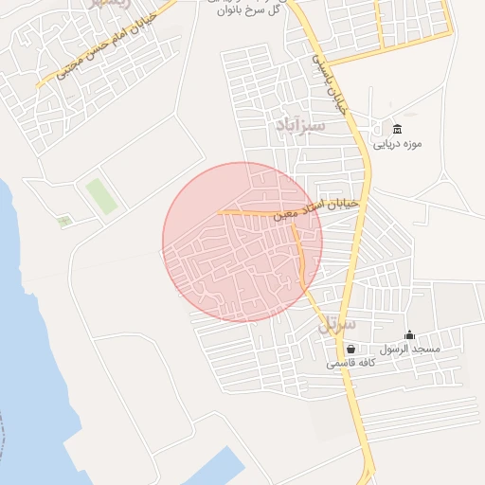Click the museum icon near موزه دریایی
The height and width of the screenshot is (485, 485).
point(397,130)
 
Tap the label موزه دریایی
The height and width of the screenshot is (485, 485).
point(396,146)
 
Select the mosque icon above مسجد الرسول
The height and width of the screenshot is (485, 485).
point(409,334)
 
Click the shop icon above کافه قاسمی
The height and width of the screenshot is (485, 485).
point(350,349)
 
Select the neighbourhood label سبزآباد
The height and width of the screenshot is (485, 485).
point(300,124)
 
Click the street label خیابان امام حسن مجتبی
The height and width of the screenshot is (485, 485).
point(104,46)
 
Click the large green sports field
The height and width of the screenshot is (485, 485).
point(101,195)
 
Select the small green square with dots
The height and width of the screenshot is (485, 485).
point(64,222)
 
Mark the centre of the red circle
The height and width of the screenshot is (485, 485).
point(242,242)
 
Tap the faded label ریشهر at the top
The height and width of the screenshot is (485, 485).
point(106,5)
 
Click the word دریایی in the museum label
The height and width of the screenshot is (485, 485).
point(383,146)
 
